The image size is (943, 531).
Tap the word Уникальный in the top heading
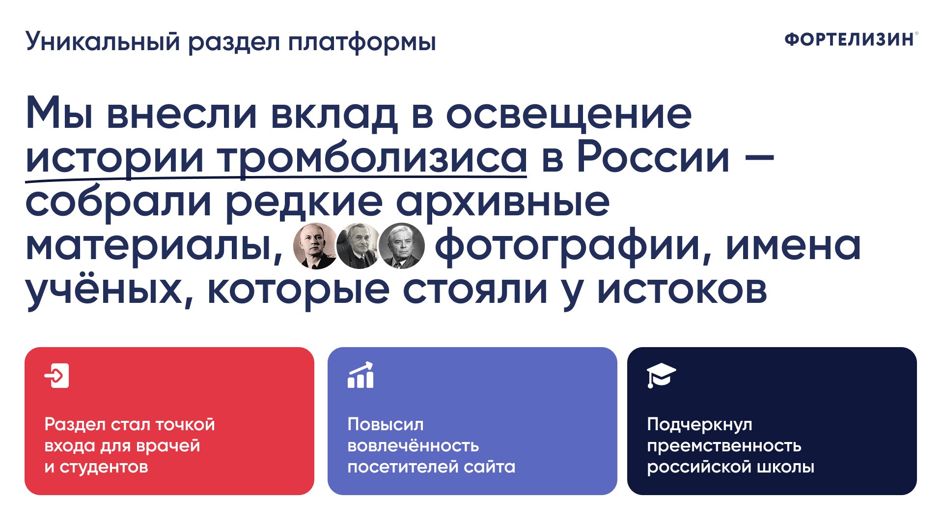[103, 41]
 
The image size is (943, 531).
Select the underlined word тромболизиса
[372, 158]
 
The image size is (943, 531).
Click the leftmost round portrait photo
[315, 246]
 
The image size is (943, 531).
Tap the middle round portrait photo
[358, 246]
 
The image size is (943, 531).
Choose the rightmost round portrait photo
[401, 246]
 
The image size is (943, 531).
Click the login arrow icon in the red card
[57, 376]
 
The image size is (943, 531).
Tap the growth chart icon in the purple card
[361, 375]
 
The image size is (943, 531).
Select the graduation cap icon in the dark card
[661, 376]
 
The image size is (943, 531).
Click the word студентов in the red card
[104, 467]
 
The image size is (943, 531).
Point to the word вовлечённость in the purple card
[413, 445]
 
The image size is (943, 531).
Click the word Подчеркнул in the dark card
[699, 425]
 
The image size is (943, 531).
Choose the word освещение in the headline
[569, 115]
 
